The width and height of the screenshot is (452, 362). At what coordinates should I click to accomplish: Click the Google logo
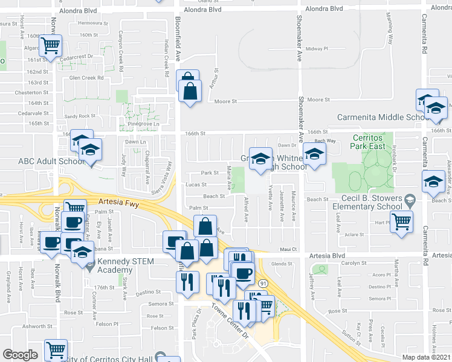click(x=20, y=355)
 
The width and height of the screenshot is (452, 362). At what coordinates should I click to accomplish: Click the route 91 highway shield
click(x=263, y=282)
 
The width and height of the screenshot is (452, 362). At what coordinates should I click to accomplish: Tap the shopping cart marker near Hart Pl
click(x=402, y=222)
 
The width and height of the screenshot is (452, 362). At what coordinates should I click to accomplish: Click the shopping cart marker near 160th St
click(x=51, y=44)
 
